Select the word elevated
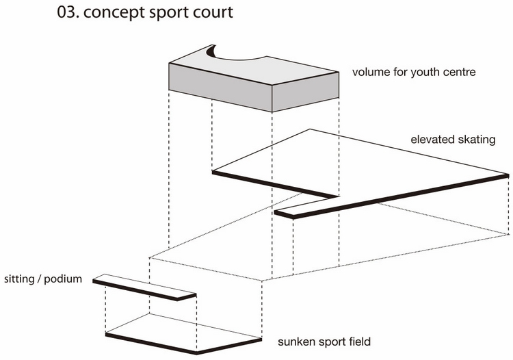(x=432, y=140)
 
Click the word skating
(x=478, y=141)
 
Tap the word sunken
(x=295, y=341)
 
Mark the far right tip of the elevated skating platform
(x=508, y=175)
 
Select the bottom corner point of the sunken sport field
(x=196, y=352)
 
